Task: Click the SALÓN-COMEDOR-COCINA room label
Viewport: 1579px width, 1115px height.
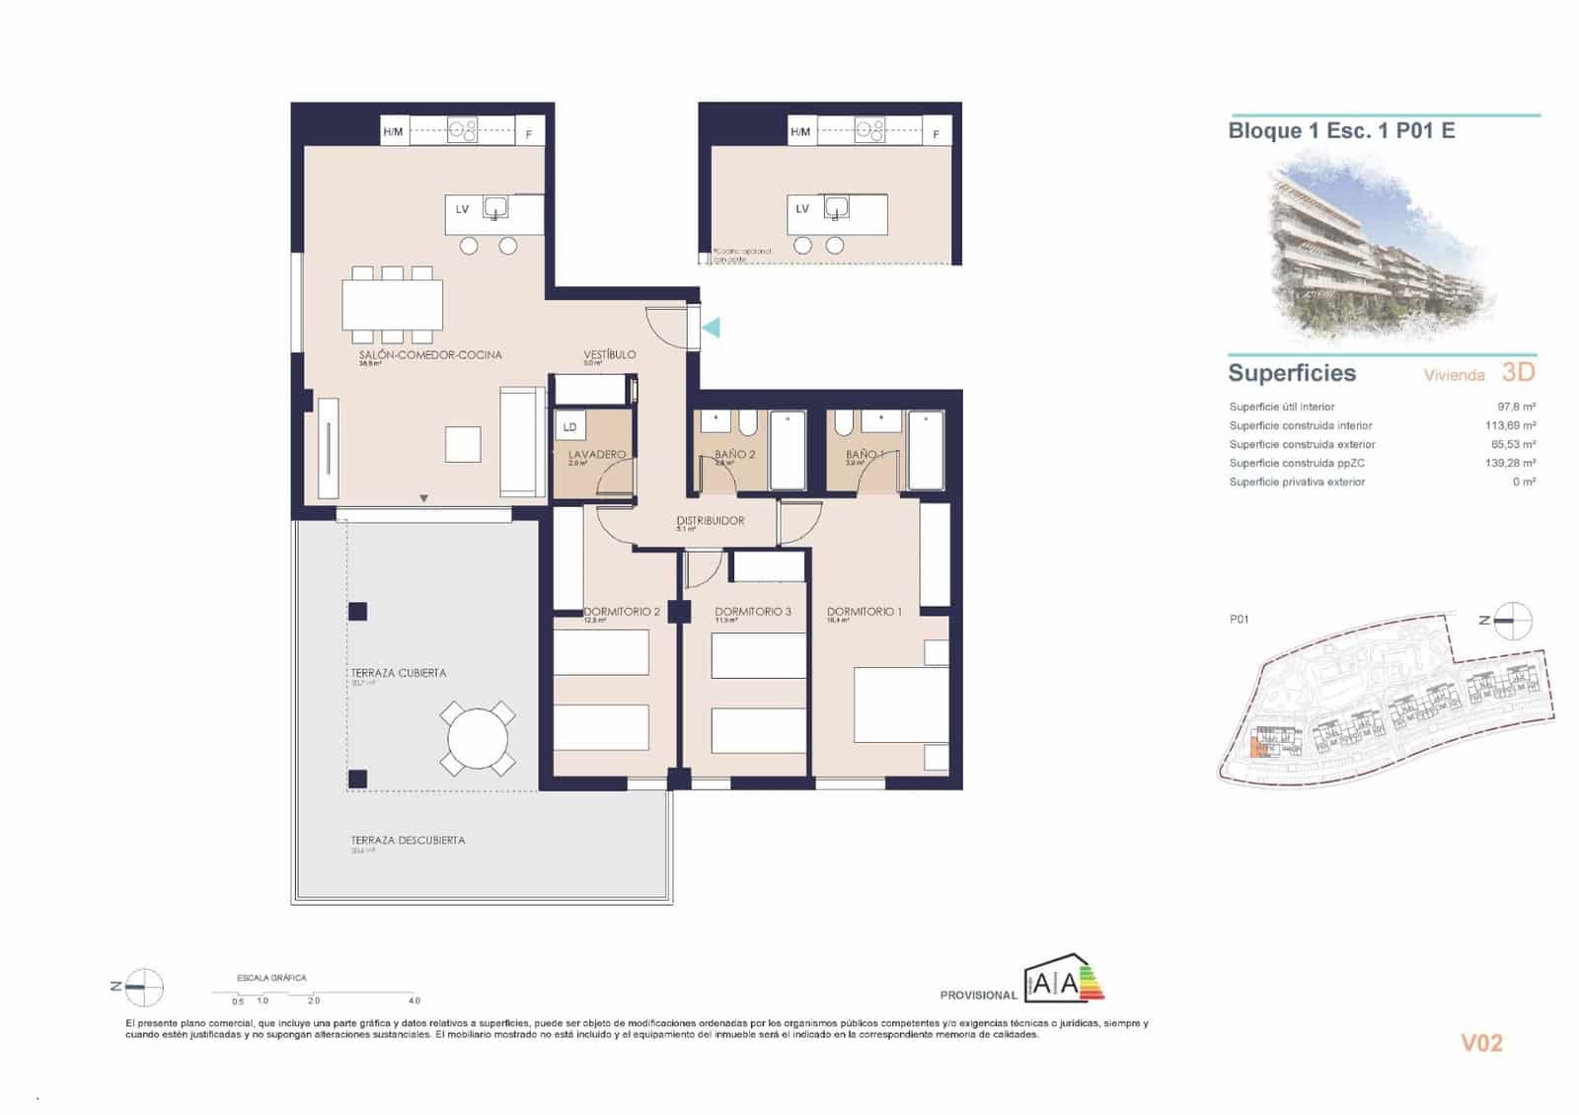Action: (x=430, y=354)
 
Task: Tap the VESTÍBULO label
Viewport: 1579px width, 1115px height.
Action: (x=609, y=354)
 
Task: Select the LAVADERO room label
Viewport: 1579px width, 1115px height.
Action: (x=596, y=454)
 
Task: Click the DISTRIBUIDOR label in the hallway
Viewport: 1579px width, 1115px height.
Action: (x=710, y=520)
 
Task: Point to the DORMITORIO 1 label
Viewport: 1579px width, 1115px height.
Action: (x=864, y=612)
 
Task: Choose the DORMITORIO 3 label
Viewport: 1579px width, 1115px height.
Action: (x=752, y=612)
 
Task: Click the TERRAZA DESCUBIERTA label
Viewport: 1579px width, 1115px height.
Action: (x=408, y=841)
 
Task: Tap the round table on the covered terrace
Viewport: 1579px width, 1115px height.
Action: (x=478, y=738)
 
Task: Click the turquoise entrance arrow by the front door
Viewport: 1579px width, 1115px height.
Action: (x=711, y=327)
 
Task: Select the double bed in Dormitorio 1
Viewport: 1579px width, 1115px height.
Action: (x=900, y=705)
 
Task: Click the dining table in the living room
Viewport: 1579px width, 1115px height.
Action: (x=392, y=305)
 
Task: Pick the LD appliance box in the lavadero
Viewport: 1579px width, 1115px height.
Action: (x=569, y=427)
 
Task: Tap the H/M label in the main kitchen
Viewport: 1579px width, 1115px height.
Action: (x=393, y=131)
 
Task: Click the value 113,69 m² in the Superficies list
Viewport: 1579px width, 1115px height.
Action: (x=1510, y=425)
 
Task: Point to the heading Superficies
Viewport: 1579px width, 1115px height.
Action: (x=1291, y=373)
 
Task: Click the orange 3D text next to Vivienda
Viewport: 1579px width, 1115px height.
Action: (x=1518, y=372)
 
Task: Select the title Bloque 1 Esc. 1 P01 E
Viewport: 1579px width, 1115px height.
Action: (x=1340, y=130)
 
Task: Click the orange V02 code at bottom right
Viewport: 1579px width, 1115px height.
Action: (x=1480, y=1043)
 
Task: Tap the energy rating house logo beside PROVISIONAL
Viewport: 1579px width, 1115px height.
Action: (x=1064, y=980)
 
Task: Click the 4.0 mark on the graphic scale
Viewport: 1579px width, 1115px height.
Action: (x=414, y=1001)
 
